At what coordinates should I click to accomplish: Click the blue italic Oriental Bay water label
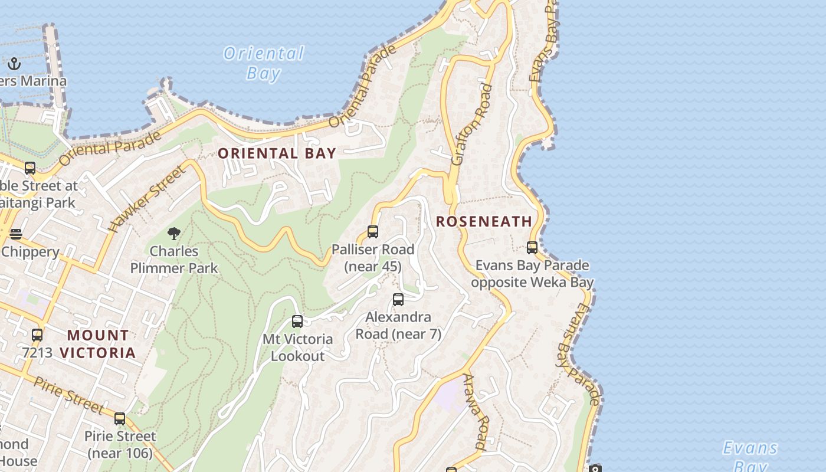click(x=264, y=63)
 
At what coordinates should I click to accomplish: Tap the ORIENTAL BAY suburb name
click(x=277, y=153)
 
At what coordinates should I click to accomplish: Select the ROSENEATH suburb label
click(x=484, y=221)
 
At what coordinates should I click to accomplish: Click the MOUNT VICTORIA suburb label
click(x=98, y=344)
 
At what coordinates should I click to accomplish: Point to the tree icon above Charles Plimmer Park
click(x=173, y=234)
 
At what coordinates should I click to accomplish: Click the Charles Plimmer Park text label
click(x=174, y=260)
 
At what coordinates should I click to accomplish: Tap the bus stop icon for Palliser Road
click(x=373, y=232)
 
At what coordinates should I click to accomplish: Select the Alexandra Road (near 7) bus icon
click(x=398, y=300)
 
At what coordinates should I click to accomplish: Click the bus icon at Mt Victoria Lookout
click(x=297, y=322)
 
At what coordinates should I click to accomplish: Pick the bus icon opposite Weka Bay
click(x=532, y=248)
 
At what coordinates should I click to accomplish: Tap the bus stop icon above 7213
click(x=37, y=335)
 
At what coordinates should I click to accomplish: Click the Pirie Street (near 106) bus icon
click(x=120, y=419)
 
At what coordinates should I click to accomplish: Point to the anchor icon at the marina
click(x=14, y=64)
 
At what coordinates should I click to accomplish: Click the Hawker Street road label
click(x=147, y=198)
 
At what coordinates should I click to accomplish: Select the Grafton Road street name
click(x=472, y=124)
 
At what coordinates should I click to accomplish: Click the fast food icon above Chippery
click(x=16, y=234)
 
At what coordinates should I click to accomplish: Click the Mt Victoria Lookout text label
click(x=297, y=348)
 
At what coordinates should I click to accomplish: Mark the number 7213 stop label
click(x=37, y=353)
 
